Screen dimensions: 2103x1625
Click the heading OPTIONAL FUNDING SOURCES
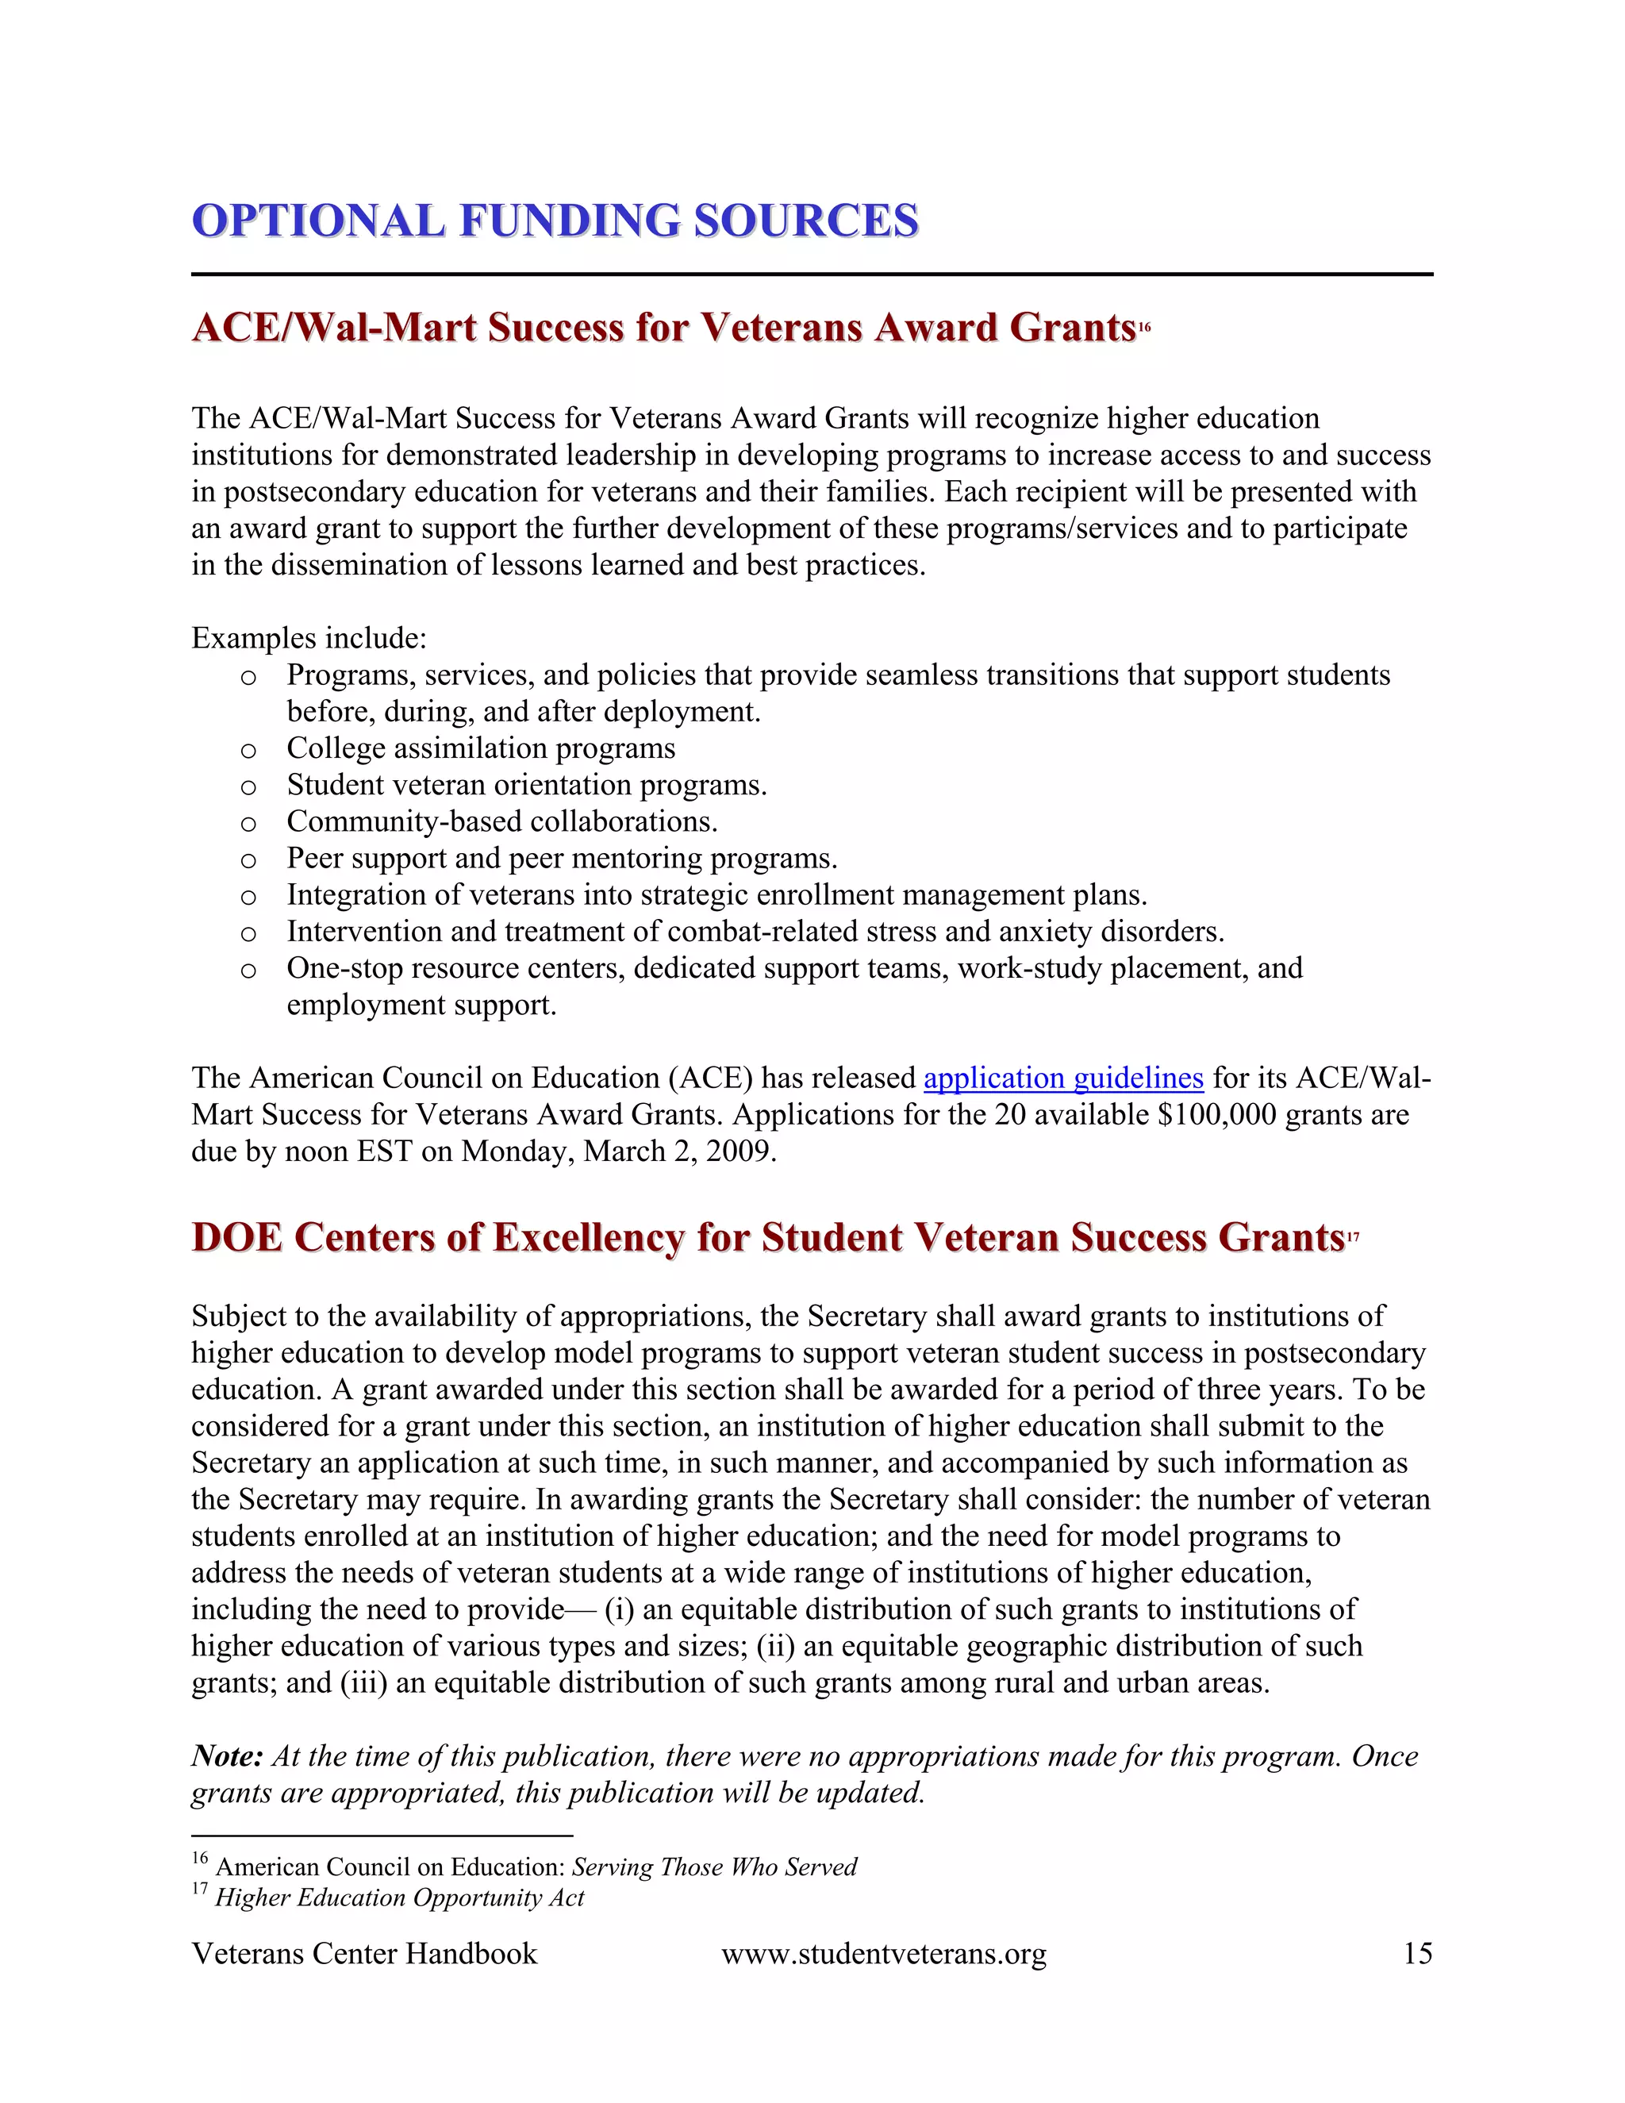point(555,221)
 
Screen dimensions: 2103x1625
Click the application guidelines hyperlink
point(1062,1078)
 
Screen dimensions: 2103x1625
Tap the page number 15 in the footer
point(1417,1954)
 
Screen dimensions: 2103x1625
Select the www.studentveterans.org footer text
point(883,1954)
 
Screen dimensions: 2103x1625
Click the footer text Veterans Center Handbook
point(364,1954)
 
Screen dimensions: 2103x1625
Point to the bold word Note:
point(227,1756)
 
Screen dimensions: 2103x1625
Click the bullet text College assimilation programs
point(480,748)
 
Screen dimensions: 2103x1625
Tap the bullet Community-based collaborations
point(501,821)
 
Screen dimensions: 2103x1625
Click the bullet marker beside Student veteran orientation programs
point(248,786)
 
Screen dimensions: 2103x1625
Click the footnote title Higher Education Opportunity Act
point(400,1898)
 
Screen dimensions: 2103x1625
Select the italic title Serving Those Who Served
point(713,1867)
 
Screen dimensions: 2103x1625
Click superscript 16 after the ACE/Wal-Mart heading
point(1145,329)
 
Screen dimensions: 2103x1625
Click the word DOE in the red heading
point(236,1238)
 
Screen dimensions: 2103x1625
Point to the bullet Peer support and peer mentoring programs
point(561,858)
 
